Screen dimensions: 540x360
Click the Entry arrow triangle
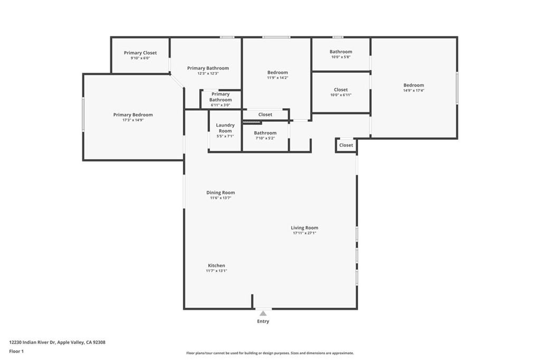tap(263, 313)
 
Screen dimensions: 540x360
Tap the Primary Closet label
tap(140, 53)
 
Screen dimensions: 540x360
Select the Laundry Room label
tap(225, 128)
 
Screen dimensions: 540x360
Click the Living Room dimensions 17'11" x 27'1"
tap(304, 233)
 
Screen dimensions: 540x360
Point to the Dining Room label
tap(220, 193)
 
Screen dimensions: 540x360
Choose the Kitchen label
tap(216, 265)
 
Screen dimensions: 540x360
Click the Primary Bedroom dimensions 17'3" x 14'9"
tap(133, 120)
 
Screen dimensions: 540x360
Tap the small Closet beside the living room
tap(346, 145)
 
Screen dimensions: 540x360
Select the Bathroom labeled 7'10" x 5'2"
tap(265, 133)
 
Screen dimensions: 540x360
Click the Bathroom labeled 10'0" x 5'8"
tap(341, 52)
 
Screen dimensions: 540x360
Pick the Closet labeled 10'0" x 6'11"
tap(341, 90)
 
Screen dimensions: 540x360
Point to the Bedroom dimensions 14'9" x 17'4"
tap(413, 91)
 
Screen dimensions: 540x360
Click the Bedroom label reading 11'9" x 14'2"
tap(277, 72)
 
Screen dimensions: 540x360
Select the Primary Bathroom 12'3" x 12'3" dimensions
tap(208, 73)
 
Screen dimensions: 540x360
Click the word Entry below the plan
tap(263, 321)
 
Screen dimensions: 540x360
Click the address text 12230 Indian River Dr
tap(32, 343)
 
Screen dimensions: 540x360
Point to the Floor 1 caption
tap(16, 352)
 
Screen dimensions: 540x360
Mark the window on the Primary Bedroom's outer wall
tap(83, 114)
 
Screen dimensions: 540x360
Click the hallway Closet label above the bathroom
tap(265, 114)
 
